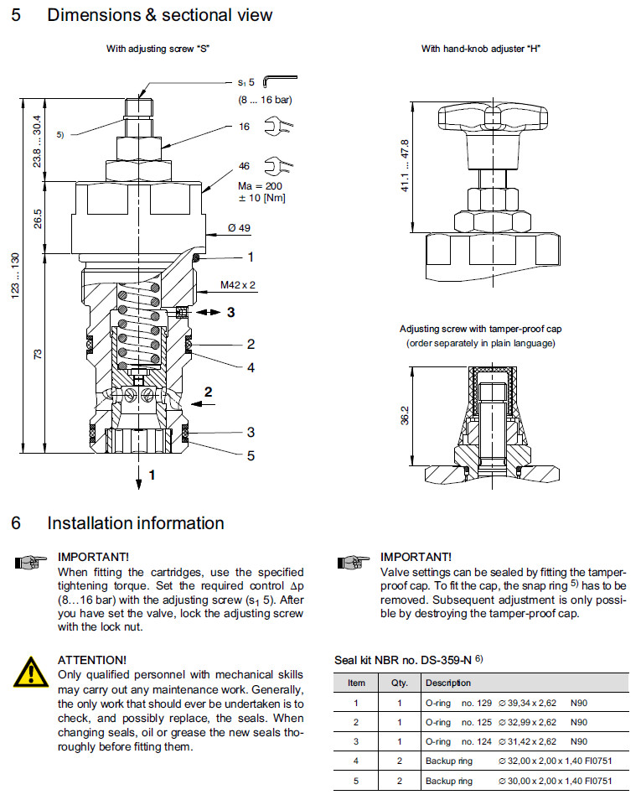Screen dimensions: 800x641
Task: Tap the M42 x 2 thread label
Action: (238, 285)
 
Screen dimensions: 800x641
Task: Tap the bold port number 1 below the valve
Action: (152, 475)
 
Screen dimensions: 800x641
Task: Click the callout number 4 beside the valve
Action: (250, 367)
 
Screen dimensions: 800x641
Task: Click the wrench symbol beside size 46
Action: (273, 165)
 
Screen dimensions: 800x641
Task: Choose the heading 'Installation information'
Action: (135, 523)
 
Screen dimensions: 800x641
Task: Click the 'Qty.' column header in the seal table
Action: (399, 683)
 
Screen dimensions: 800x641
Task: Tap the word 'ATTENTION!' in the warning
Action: (92, 661)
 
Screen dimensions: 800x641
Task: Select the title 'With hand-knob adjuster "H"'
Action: (480, 49)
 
